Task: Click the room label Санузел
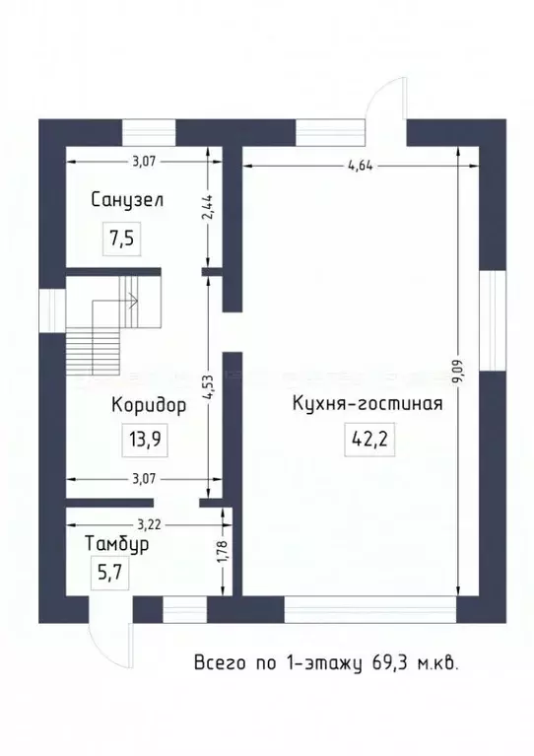point(126,200)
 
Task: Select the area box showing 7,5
point(122,238)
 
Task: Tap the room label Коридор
point(148,404)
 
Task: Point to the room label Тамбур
point(116,544)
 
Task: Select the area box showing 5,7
point(102,576)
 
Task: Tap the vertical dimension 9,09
point(456,370)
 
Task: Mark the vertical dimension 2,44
point(206,209)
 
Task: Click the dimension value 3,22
point(150,522)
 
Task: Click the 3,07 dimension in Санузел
point(143,161)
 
